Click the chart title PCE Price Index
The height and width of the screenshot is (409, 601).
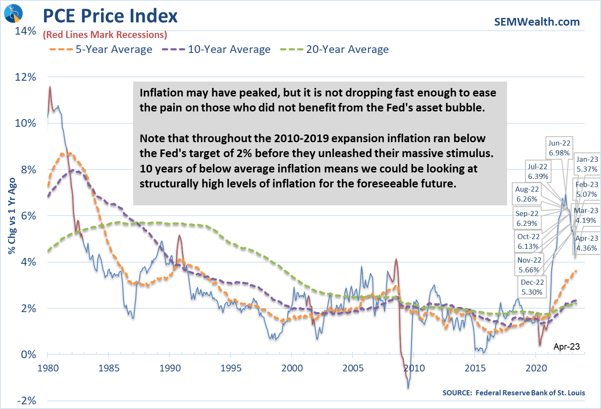(110, 16)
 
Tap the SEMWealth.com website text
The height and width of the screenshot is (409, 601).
(537, 22)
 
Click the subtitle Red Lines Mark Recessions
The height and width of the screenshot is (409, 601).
(105, 35)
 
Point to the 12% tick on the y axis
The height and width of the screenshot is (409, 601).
(26, 77)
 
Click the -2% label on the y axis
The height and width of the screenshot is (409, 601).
(26, 400)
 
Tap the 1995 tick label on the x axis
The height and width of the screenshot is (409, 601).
(231, 368)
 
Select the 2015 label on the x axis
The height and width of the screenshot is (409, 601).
(475, 368)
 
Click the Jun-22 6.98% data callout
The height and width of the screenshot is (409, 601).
(559, 148)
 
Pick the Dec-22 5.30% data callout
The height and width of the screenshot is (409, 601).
(532, 287)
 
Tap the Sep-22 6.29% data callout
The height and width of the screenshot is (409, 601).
(527, 219)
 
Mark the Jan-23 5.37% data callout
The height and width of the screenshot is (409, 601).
(587, 164)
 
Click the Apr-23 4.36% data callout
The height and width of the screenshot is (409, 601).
(586, 243)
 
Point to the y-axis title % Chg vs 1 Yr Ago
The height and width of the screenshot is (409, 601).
(12, 216)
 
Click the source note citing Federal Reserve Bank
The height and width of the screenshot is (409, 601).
(513, 393)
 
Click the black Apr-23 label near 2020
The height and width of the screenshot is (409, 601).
(566, 347)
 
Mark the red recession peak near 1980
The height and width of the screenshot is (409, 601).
(50, 88)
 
